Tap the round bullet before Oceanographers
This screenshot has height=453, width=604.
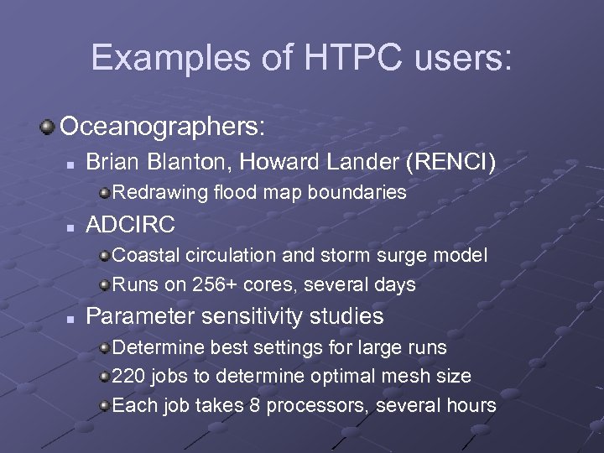pyautogui.click(x=48, y=127)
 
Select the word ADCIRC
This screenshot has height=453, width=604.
pyautogui.click(x=131, y=224)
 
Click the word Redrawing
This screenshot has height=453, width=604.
pyautogui.click(x=159, y=192)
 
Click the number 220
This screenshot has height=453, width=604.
pyautogui.click(x=128, y=376)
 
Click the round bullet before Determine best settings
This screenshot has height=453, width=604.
pyautogui.click(x=104, y=347)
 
